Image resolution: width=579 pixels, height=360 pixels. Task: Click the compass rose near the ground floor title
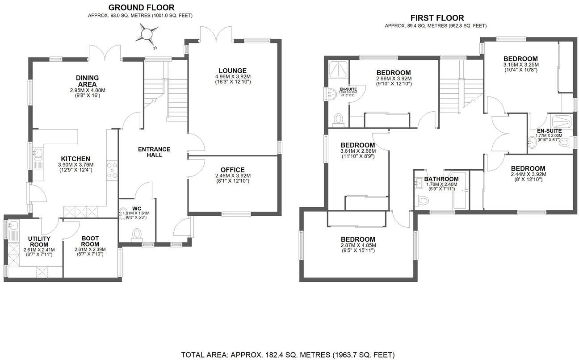click(x=148, y=34)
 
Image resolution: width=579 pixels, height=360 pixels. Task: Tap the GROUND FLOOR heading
click(x=142, y=8)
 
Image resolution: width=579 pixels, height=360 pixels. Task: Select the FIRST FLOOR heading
click(x=437, y=18)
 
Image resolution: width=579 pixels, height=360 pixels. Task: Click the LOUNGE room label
click(x=232, y=71)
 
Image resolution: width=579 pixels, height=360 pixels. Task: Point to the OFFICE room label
click(x=232, y=170)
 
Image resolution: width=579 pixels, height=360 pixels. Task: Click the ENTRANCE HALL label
click(x=154, y=152)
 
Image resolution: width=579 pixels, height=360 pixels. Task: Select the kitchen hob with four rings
click(x=113, y=170)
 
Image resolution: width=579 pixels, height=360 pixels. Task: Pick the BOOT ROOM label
click(x=90, y=241)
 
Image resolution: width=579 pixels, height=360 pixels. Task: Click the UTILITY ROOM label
click(x=39, y=242)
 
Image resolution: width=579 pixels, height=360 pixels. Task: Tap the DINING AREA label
click(x=87, y=81)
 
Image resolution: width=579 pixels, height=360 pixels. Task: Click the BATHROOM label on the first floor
click(x=441, y=179)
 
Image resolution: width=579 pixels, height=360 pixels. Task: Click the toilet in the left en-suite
click(x=339, y=119)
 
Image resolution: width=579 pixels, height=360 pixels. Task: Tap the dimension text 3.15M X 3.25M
click(x=520, y=64)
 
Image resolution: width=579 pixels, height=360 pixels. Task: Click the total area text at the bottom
click(x=288, y=355)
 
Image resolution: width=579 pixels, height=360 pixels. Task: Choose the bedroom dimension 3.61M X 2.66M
click(x=357, y=151)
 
